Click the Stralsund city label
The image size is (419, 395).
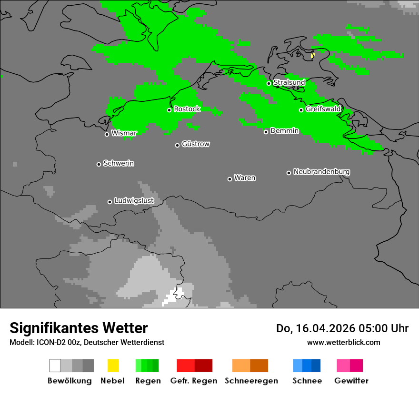pyautogui.click(x=289, y=83)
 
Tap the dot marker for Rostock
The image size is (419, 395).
pyautogui.click(x=169, y=110)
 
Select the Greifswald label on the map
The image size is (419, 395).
pyautogui.click(x=323, y=109)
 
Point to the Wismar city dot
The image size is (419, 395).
pyautogui.click(x=107, y=134)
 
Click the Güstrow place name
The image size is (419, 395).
pyautogui.click(x=196, y=144)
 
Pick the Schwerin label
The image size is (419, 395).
pyautogui.click(x=119, y=163)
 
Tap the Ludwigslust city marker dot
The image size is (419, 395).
pyautogui.click(x=110, y=202)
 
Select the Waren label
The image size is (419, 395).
pyautogui.click(x=245, y=178)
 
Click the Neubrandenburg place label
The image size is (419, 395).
pyautogui.click(x=321, y=172)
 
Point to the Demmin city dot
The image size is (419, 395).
pyautogui.click(x=266, y=132)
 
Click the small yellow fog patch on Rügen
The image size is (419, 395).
pyautogui.click(x=312, y=56)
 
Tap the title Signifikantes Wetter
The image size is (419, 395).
pyautogui.click(x=79, y=328)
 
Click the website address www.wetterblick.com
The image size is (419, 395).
pyautogui.click(x=343, y=342)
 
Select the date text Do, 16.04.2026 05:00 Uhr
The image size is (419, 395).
pyautogui.click(x=342, y=328)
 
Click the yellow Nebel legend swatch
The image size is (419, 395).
pyautogui.click(x=113, y=365)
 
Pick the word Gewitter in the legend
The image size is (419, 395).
pyautogui.click(x=351, y=381)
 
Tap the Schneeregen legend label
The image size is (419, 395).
pyautogui.click(x=251, y=381)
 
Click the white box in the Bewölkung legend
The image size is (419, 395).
pyautogui.click(x=55, y=365)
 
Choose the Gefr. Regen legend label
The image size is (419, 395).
pyautogui.click(x=194, y=381)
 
